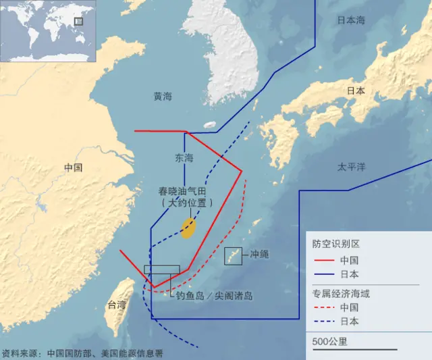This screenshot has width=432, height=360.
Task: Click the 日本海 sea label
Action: click(351, 20)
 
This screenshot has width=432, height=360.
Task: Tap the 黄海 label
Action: click(163, 97)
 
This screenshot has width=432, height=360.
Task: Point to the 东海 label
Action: click(184, 158)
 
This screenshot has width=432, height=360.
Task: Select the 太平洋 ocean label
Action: click(351, 166)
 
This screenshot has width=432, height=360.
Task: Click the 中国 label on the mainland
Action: click(73, 168)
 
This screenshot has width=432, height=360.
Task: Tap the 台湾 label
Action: click(117, 305)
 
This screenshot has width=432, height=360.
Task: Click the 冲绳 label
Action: click(259, 255)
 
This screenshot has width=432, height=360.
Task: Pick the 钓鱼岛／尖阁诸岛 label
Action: click(214, 295)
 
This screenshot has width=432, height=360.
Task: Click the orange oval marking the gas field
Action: click(189, 228)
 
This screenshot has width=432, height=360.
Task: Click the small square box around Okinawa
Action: click(233, 256)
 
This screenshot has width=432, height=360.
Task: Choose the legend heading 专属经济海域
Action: click(340, 294)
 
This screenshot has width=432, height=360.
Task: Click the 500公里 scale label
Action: click(330, 341)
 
